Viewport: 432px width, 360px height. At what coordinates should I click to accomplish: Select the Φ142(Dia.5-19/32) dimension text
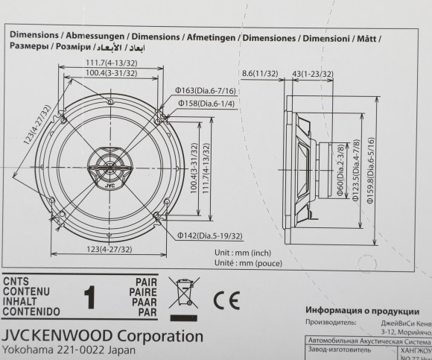pyautogui.click(x=209, y=236)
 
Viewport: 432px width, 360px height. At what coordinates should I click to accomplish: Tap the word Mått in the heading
pyautogui.click(x=368, y=36)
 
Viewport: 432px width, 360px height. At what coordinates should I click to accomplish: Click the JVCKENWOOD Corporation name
pyautogui.click(x=102, y=335)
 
